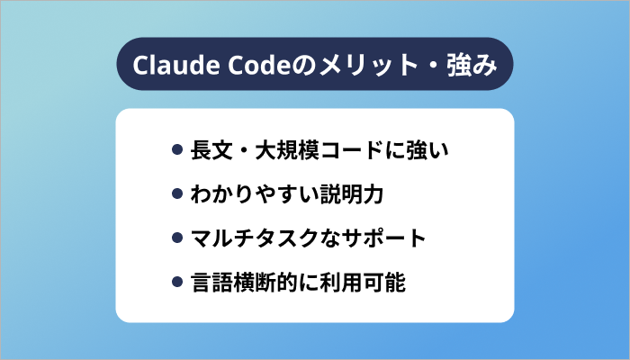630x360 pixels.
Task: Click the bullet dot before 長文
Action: (177, 148)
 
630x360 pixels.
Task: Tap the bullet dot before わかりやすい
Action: (177, 193)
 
